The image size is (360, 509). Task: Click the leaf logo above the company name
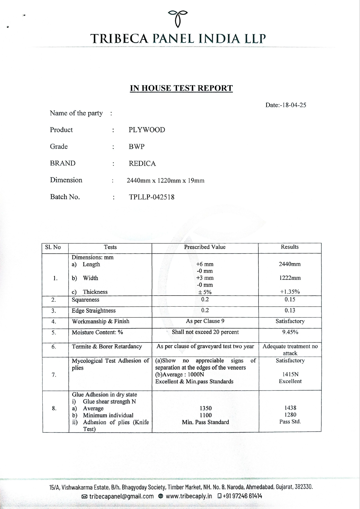178,18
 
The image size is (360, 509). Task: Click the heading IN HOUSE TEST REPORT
181,88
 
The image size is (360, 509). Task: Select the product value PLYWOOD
147,130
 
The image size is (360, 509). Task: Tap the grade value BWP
136,147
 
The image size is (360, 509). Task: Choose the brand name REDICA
142,163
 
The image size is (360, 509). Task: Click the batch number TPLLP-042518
152,197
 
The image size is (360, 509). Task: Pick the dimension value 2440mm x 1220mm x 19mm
165,180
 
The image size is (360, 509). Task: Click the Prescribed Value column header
205,247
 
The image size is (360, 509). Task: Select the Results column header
290,247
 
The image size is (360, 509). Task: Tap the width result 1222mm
290,278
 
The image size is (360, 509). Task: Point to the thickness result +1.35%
290,292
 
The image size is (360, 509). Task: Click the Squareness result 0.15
290,300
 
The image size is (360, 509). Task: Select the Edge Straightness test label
94,311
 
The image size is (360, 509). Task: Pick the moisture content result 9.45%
290,332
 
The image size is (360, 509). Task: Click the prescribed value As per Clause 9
205,321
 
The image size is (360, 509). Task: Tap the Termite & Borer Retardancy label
107,346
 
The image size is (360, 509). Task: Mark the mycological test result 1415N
290,375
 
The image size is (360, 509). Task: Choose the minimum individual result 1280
290,415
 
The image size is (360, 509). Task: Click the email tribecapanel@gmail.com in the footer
121,496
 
